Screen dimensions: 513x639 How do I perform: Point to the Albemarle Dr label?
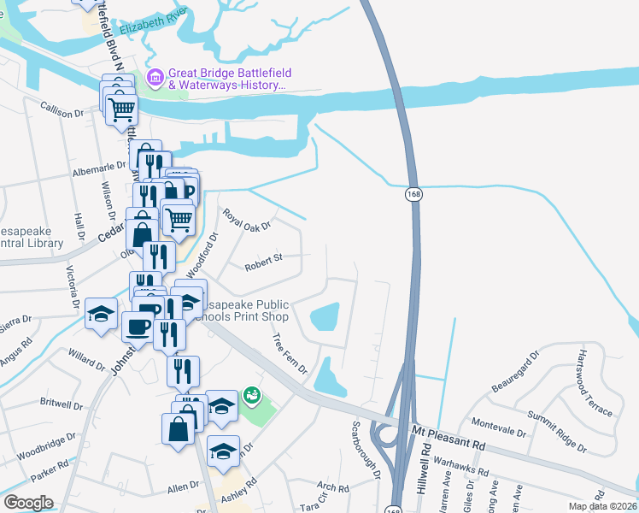pyautogui.click(x=97, y=170)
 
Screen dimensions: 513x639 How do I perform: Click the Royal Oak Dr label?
pyautogui.click(x=246, y=219)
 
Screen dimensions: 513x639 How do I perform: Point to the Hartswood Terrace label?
pyautogui.click(x=595, y=382)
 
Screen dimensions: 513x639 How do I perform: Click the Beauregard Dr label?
pyautogui.click(x=516, y=369)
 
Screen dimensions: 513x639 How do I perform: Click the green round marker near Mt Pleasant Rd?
pyautogui.click(x=251, y=395)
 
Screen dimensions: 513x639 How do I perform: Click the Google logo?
pyautogui.click(x=28, y=502)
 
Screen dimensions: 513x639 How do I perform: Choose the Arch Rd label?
pyautogui.click(x=332, y=488)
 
